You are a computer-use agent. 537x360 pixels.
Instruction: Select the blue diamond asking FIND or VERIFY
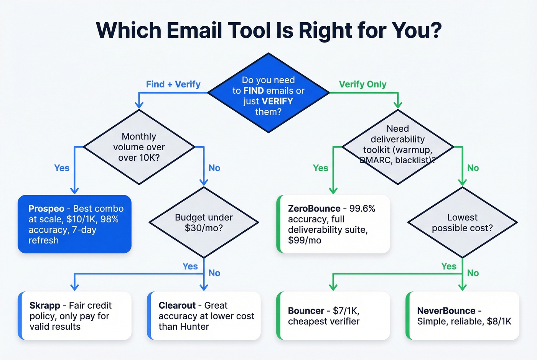point(268,93)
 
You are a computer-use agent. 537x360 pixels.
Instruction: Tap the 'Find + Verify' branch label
point(173,84)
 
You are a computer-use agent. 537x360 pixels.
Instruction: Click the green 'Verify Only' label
point(362,84)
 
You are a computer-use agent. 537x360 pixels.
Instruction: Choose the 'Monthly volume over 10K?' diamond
point(139,147)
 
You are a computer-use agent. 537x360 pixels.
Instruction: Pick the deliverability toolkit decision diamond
point(398,147)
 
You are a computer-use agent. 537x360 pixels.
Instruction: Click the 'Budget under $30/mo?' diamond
point(204,222)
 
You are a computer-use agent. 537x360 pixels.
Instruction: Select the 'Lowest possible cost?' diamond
point(462,222)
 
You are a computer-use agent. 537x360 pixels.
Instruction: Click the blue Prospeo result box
point(75,224)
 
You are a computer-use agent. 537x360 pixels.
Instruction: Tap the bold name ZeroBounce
point(314,209)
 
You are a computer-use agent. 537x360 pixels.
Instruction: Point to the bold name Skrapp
point(45,306)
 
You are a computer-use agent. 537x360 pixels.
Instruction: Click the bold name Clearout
point(177,306)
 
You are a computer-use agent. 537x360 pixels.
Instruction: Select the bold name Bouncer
point(306,311)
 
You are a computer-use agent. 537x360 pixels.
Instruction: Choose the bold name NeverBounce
point(446,311)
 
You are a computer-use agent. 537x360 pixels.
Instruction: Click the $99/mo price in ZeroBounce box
point(305,241)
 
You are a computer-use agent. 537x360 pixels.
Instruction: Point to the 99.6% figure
point(362,209)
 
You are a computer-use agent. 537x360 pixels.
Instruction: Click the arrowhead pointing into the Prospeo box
point(74,191)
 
